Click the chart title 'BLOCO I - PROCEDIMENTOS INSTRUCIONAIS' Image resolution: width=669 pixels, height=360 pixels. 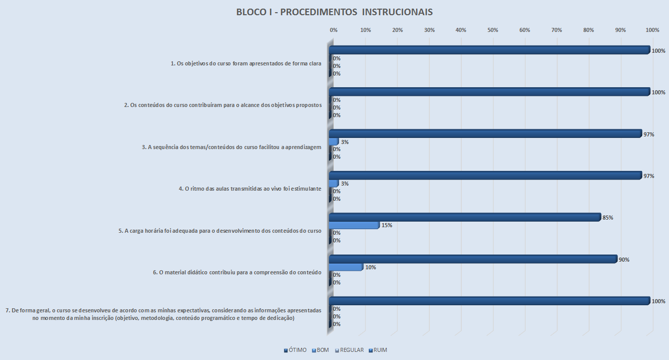[334, 12]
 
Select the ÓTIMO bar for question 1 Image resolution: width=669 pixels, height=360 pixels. [489, 50]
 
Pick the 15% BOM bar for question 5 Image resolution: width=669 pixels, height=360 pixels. [354, 225]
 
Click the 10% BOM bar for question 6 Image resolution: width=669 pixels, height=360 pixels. [346, 267]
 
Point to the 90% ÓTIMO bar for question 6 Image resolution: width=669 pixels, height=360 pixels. [473, 259]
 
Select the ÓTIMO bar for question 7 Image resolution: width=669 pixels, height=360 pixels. [489, 301]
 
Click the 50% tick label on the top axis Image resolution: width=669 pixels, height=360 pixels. [493, 30]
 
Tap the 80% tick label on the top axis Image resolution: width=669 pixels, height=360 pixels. [588, 30]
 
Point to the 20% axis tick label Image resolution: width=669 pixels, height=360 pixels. [397, 30]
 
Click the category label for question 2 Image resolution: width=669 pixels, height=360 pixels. [223, 105]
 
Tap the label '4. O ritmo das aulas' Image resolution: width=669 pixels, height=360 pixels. [250, 189]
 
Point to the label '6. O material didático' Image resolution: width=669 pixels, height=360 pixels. [237, 272]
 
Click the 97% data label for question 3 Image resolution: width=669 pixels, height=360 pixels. [648, 134]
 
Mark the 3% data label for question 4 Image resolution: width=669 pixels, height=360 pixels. [344, 184]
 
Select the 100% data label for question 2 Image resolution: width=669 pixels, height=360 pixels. [658, 93]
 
